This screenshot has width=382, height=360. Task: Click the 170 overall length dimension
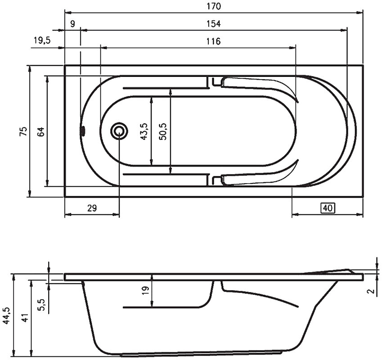point(214,6)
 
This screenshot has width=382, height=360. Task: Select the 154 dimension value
point(214,24)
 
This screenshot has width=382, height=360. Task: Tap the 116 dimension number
point(213,41)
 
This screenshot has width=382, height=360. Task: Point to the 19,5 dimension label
point(42,40)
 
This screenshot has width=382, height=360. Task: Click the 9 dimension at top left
point(72,24)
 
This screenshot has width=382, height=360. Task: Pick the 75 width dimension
point(23,131)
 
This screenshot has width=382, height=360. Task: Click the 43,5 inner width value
point(144,131)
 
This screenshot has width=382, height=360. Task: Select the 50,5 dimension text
point(162,131)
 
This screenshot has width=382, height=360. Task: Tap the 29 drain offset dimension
point(92,208)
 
